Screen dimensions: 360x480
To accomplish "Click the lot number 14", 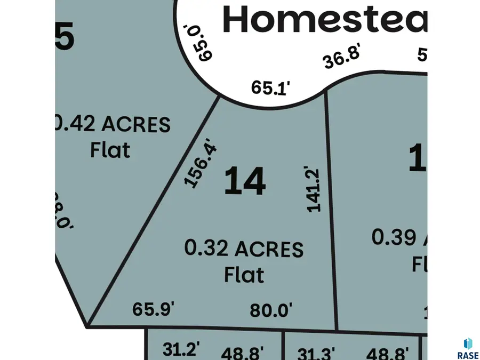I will pos(245,181).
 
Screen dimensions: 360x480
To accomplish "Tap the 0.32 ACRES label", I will pos(244,249).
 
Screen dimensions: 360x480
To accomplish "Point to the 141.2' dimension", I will pos(313,189).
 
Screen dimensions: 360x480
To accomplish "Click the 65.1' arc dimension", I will pos(271,87).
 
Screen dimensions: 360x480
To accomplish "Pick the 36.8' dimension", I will pos(342,57).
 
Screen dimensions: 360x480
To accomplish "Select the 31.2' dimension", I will pos(181,350).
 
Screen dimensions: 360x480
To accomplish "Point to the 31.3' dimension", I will pos(317,353).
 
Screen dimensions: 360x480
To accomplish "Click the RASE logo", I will pos(467,348).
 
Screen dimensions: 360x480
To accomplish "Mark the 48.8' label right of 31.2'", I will pos(243,353).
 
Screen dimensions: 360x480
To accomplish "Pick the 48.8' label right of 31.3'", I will pos(387,353).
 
